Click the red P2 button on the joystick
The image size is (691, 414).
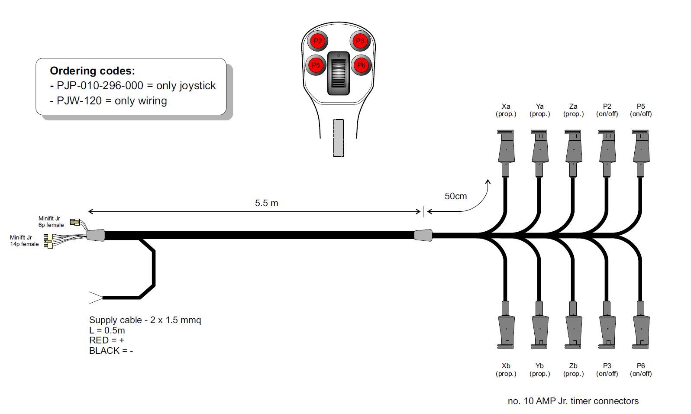point(318,41)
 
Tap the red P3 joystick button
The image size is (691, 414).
point(360,41)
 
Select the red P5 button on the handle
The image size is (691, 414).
point(316,66)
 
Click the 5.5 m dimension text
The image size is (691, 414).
point(267,203)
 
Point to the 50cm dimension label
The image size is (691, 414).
point(455,196)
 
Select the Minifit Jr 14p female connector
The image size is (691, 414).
point(48,241)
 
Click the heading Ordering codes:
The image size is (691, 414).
point(92,71)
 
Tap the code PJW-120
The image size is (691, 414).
point(79,101)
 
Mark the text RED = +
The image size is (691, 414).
point(107,340)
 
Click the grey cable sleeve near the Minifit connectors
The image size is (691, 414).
point(96,235)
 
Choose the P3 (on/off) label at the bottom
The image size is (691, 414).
point(607,369)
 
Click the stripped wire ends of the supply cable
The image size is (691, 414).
point(95,298)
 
